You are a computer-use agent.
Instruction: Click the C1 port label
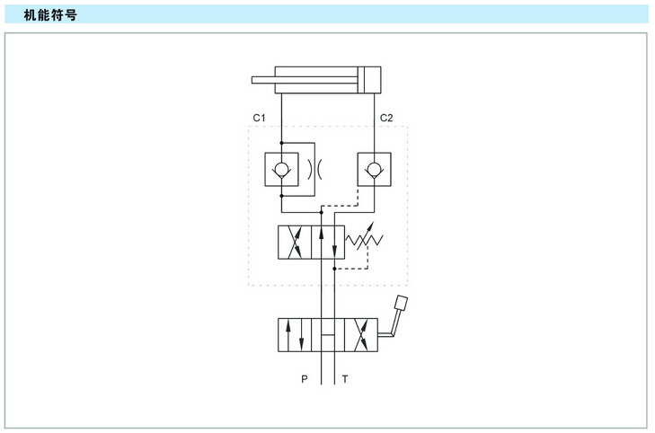coord(259,118)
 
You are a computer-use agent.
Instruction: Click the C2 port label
coord(386,118)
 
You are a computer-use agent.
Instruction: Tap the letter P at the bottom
coord(305,379)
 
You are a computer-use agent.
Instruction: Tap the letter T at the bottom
coord(345,379)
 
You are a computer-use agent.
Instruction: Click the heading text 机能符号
coord(50,15)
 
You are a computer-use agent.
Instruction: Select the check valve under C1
coord(281,169)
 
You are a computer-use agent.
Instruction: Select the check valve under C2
coord(375,169)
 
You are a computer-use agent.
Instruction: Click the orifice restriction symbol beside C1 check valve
coord(315,169)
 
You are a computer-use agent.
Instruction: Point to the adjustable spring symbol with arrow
coord(364,237)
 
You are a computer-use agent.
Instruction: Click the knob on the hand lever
coord(401,303)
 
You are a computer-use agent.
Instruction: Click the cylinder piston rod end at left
coord(253,80)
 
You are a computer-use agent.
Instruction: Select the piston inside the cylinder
coord(361,79)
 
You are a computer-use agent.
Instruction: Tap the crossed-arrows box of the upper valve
coord(295,243)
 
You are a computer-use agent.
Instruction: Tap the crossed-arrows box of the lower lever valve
coord(361,335)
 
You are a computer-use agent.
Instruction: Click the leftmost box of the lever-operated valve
coord(295,335)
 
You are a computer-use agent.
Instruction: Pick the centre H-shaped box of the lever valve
coord(328,335)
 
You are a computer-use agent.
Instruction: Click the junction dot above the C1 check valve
coord(281,143)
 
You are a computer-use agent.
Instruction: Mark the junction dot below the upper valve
coord(334,269)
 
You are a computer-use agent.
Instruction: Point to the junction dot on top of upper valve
coord(322,213)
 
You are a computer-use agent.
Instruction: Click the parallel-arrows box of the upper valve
coord(328,243)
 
